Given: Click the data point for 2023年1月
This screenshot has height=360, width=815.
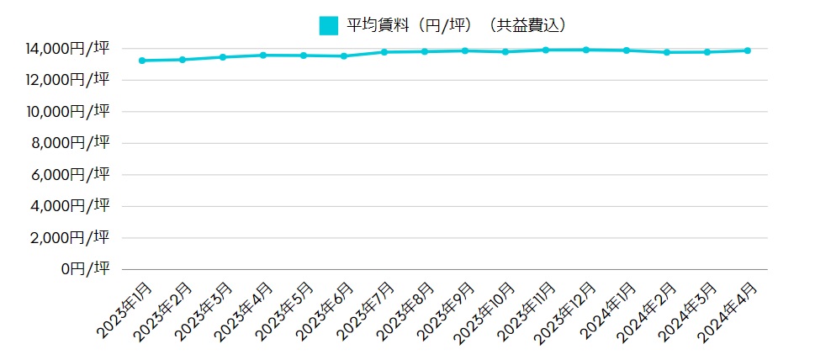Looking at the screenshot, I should (x=142, y=61).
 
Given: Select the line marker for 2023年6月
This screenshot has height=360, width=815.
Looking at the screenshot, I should (x=344, y=56).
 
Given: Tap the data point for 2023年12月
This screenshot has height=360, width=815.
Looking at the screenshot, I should (x=586, y=50).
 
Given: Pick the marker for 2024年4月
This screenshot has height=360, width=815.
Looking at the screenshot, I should (x=748, y=50).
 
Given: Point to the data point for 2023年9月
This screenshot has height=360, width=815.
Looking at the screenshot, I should (x=465, y=50).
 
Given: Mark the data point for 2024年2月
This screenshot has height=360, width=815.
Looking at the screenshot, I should (x=667, y=52).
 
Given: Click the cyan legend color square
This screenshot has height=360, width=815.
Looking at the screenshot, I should (x=329, y=25).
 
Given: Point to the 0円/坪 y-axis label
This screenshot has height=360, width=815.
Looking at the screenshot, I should (x=85, y=269).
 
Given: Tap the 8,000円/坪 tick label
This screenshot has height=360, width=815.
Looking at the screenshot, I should (x=71, y=143).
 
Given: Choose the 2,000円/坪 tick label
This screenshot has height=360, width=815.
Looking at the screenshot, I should (x=71, y=238).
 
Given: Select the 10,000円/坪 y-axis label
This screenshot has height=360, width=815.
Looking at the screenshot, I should (x=66, y=112).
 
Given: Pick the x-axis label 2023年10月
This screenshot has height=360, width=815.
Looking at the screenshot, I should (x=486, y=314).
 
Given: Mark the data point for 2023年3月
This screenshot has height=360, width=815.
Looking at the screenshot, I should (x=223, y=57).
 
